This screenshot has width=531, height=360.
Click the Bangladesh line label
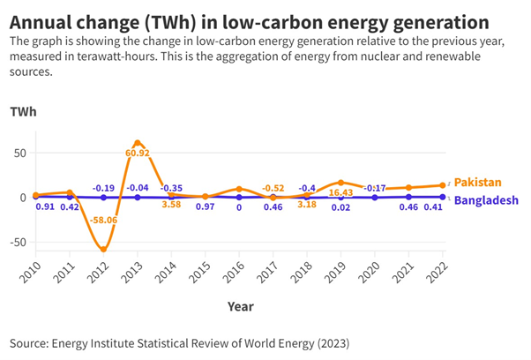tap(486, 200)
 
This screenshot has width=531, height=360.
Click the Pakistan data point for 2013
tap(138, 142)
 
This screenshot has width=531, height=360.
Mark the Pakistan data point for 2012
tap(104, 250)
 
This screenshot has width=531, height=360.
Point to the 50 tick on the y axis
tap(19, 152)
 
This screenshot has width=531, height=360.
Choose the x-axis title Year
tap(239, 307)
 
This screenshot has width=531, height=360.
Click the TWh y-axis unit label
tap(23, 113)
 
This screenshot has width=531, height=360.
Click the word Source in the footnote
tap(31, 341)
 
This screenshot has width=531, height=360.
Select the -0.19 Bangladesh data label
tap(104, 188)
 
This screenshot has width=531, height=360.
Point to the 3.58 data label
tap(172, 205)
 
